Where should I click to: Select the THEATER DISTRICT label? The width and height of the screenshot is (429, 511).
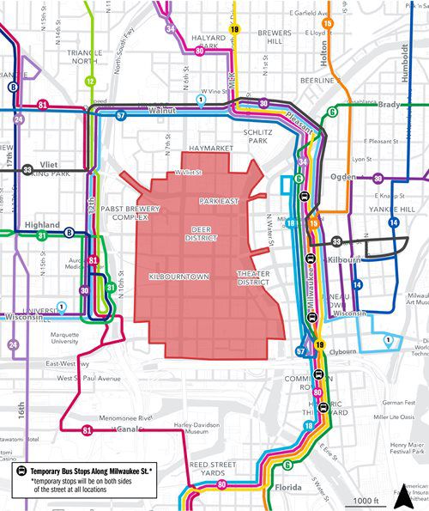[x=254, y=277]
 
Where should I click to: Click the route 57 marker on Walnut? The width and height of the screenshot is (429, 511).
[x=121, y=114]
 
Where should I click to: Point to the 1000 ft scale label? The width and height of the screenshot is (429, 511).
[x=366, y=501]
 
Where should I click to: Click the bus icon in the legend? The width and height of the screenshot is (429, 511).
[x=18, y=471]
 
